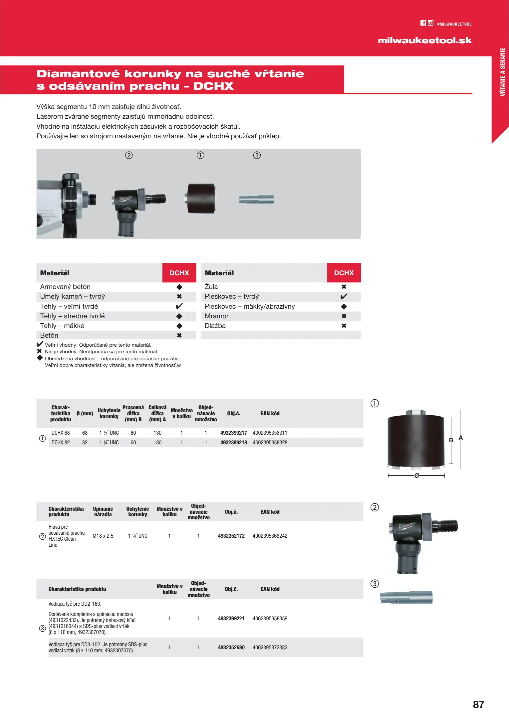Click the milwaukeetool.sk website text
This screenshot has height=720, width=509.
[424, 41]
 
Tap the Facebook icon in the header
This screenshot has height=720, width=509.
[423, 23]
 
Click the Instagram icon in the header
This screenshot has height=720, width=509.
[430, 23]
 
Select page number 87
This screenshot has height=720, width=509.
[478, 704]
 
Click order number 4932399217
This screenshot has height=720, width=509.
[233, 433]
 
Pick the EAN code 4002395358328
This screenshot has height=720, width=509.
[270, 442]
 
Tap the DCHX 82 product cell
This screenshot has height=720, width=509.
[61, 442]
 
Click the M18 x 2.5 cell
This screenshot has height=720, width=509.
[103, 536]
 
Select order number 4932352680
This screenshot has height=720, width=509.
[231, 647]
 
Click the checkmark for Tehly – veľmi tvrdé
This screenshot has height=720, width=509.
[179, 306]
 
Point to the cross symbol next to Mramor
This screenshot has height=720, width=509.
[344, 316]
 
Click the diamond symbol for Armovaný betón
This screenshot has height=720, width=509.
[179, 287]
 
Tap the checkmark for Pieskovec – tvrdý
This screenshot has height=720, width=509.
[344, 296]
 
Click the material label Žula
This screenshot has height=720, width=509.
[211, 287]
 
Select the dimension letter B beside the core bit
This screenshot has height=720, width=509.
[451, 440]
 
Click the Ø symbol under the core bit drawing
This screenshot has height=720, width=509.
[416, 476]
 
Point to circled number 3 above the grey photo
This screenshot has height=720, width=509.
[257, 155]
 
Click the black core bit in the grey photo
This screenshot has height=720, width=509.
[201, 199]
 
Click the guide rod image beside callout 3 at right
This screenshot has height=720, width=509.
[406, 597]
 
